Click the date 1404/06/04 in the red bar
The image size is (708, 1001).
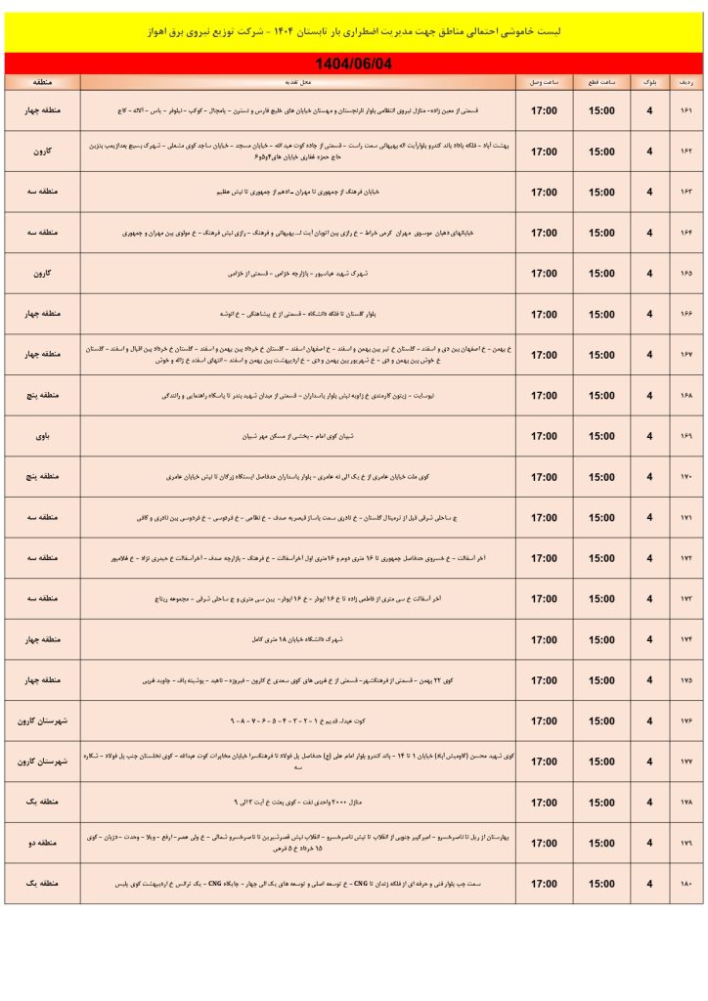point(354,64)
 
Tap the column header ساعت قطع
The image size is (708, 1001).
point(601,82)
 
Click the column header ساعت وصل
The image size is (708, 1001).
point(544,82)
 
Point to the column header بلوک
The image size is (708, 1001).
point(649,82)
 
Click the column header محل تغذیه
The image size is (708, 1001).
point(299,82)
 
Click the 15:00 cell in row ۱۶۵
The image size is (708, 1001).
point(601,274)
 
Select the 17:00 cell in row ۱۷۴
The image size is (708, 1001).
point(544,640)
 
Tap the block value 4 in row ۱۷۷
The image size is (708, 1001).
point(649,762)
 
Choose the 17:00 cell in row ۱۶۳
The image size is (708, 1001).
point(544,193)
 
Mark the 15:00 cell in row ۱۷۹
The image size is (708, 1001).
point(601,844)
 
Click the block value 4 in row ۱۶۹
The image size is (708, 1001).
point(649,437)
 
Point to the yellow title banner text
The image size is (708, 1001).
point(354,32)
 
